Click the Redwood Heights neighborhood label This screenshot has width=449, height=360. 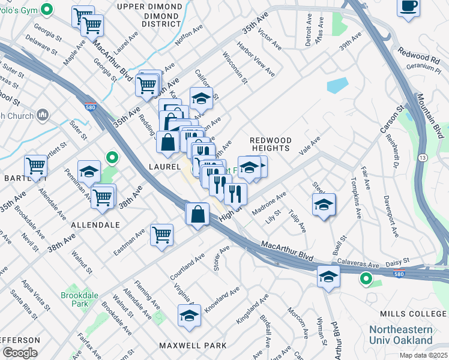click(270, 145)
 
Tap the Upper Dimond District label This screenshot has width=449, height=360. click(149, 15)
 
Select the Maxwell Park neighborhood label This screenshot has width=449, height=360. click(193, 345)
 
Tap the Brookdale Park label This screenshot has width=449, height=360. click(74, 299)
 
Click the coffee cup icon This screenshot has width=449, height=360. click(409, 7)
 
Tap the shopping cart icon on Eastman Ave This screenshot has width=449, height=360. click(161, 235)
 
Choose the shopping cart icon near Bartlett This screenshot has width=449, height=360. click(35, 166)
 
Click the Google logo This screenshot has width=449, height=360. click(19, 352)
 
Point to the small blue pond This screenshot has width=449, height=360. click(337, 85)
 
